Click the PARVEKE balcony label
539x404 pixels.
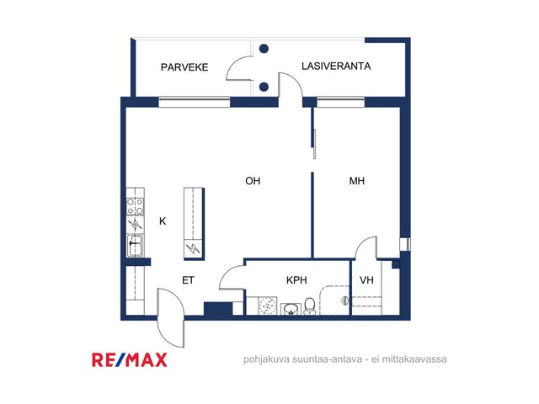point(184,67)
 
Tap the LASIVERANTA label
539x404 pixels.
point(336,66)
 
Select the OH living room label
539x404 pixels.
point(253,181)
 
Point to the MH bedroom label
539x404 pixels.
point(357,181)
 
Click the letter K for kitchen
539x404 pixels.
point(163,221)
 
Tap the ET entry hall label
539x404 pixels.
point(188,280)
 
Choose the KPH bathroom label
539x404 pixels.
point(296,280)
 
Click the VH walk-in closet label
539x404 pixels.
point(366,280)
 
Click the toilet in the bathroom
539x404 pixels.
point(309,306)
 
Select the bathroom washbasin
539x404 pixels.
point(291,309)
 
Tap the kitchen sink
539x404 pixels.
point(135,246)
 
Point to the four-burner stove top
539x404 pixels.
point(135,206)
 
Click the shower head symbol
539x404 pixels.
point(344,301)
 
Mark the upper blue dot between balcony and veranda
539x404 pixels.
point(264,49)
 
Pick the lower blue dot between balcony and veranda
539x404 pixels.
point(264,87)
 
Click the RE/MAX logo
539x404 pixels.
point(130,360)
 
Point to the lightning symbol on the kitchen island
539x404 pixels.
point(193,248)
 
